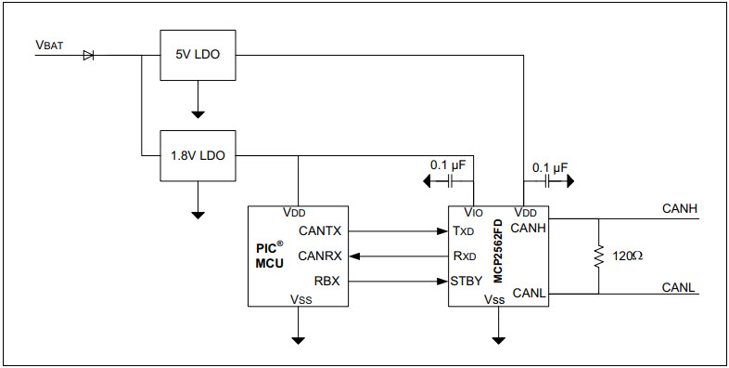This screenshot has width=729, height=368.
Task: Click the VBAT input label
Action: (48, 45)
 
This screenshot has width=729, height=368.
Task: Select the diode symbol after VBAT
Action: (88, 56)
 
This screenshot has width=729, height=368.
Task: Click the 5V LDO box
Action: (198, 56)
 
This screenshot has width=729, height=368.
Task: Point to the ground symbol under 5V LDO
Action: (198, 114)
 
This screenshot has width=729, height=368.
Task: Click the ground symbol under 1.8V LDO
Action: (198, 214)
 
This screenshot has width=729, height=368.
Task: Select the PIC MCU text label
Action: (269, 256)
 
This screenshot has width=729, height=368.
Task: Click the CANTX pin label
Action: (321, 230)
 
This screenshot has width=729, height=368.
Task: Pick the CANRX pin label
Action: (321, 255)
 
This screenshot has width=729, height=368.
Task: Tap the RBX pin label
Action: (327, 280)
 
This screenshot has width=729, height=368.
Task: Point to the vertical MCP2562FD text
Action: (497, 251)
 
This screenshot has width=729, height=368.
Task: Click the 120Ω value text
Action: (627, 255)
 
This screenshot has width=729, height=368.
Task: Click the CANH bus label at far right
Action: (679, 208)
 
